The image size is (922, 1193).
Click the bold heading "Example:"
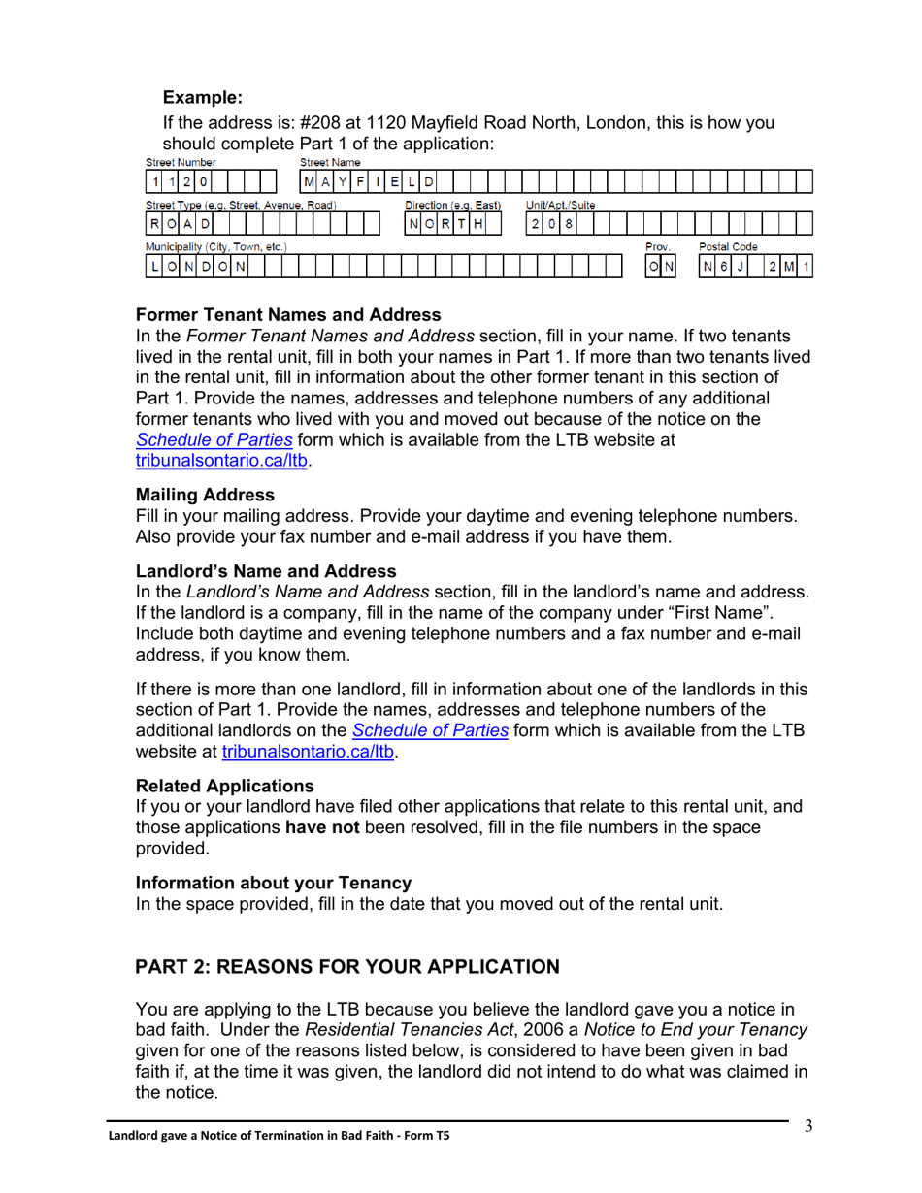click(x=202, y=97)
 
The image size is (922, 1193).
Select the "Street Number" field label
click(x=181, y=162)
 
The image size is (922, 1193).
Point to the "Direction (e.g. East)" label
click(x=452, y=206)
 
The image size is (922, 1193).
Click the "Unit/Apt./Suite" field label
click(x=560, y=206)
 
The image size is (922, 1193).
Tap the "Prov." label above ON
click(x=657, y=247)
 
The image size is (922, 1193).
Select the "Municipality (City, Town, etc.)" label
click(x=215, y=247)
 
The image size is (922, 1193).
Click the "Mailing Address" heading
click(x=205, y=495)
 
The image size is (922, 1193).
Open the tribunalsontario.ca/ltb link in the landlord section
click(x=310, y=752)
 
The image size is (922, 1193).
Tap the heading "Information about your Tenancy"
click(x=274, y=883)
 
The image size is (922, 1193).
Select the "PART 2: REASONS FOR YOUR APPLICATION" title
click(x=347, y=966)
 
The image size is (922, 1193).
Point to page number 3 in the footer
click(x=807, y=1125)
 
